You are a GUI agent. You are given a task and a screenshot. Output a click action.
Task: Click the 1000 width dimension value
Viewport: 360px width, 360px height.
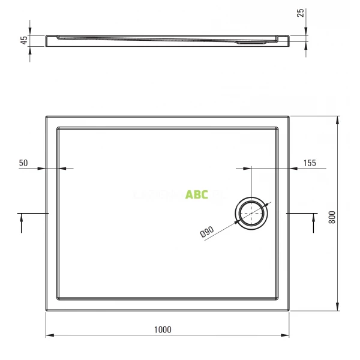tap(162, 329)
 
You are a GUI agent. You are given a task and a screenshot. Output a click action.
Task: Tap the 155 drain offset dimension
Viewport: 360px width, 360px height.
tap(309, 163)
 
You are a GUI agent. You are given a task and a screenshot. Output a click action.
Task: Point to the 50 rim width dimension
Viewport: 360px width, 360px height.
tap(24, 163)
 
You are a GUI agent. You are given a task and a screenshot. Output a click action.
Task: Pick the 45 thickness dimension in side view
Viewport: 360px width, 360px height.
tap(24, 40)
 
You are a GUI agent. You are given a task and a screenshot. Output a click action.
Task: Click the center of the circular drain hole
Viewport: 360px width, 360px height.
tap(251, 213)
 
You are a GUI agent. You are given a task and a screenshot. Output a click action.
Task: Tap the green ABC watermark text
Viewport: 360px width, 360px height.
tap(196, 194)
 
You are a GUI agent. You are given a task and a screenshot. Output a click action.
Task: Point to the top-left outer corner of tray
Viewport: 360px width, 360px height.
tap(46, 116)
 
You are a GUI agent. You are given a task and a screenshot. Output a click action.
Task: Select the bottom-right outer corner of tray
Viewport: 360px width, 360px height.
tap(289, 311)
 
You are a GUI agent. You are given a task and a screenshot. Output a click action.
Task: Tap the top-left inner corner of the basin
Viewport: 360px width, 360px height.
tap(58, 127)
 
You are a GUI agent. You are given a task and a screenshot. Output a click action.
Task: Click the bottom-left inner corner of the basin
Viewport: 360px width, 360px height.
tap(58, 299)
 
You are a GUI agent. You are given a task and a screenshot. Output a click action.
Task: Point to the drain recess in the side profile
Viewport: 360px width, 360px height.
tap(252, 42)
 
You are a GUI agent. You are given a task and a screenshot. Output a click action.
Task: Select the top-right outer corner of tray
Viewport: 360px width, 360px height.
tap(289, 116)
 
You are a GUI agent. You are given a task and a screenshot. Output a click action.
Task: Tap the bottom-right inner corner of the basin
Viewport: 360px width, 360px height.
tap(278, 299)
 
